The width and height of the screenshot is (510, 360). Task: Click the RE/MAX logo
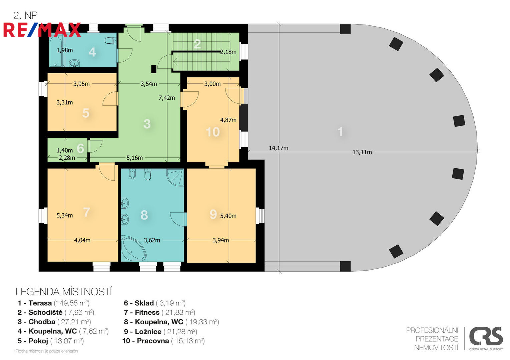click(x=42, y=30)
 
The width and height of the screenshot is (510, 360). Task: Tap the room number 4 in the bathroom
click(x=92, y=52)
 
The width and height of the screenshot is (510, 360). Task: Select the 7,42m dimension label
click(x=167, y=98)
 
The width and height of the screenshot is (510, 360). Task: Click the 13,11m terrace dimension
click(x=362, y=152)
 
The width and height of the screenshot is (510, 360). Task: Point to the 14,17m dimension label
click(x=279, y=148)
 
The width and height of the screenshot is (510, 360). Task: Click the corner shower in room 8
click(x=175, y=177)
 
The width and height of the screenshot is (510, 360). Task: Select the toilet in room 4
click(x=111, y=41)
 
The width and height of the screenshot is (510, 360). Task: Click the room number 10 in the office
click(x=213, y=132)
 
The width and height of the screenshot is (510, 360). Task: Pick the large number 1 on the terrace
click(x=340, y=132)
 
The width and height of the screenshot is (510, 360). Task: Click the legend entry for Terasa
click(x=54, y=303)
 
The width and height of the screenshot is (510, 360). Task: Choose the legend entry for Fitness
click(x=159, y=312)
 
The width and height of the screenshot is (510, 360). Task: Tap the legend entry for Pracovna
click(x=163, y=341)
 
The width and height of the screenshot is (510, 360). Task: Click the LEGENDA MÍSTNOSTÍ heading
click(x=64, y=292)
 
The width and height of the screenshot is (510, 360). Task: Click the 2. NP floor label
click(x=25, y=15)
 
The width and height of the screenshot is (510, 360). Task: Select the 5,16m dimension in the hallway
click(x=134, y=158)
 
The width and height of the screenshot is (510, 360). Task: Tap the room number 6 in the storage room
click(x=80, y=148)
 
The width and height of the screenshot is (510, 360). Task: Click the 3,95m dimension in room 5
click(x=81, y=84)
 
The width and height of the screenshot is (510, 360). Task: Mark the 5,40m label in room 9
click(x=228, y=216)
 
